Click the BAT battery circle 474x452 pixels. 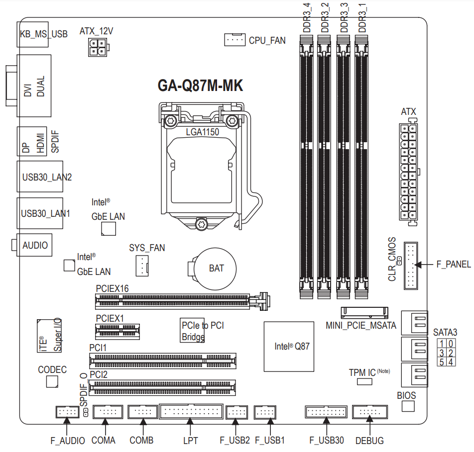pos(215,269)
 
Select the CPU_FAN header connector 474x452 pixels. pos(235,40)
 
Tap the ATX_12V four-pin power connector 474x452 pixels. pos(98,47)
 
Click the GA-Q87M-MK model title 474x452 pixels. pos(200,86)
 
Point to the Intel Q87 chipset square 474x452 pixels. pos(289,346)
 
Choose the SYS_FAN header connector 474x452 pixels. pos(142,266)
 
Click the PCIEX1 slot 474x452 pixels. pos(118,332)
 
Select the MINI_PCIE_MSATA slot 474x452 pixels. pos(364,313)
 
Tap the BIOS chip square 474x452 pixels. pos(408,406)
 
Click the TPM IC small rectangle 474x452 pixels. pos(364,382)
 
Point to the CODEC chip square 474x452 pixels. pos(52,382)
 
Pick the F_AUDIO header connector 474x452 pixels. pos(67,412)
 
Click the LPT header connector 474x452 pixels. pos(191,411)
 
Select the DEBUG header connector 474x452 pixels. pos(370,412)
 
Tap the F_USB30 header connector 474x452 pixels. pos(326,412)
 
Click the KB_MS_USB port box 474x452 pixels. pos(33,34)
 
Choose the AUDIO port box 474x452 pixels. pos(34,245)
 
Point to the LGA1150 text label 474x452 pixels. pos(203,132)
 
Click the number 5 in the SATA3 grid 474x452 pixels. pos(442,362)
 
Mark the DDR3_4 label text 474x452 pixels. pos(307,17)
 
